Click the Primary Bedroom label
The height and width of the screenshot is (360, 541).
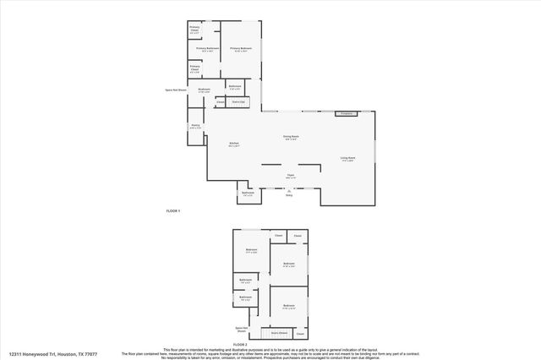241,49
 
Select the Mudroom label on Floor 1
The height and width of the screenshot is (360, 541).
204,90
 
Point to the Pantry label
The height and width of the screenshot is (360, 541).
194,127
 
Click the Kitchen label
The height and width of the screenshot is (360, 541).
233,145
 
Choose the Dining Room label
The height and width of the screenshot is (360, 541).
291,137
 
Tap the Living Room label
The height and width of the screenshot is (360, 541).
347,158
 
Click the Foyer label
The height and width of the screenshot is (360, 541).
290,177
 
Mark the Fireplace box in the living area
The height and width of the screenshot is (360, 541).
345,113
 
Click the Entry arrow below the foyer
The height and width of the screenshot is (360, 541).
289,193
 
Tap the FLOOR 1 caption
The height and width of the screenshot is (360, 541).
172,210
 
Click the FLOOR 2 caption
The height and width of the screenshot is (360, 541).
240,345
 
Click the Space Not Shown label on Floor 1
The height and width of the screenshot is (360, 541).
174,90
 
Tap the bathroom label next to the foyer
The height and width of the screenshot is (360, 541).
248,194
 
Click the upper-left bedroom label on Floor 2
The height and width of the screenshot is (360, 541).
251,249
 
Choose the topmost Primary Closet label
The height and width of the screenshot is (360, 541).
194,30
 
